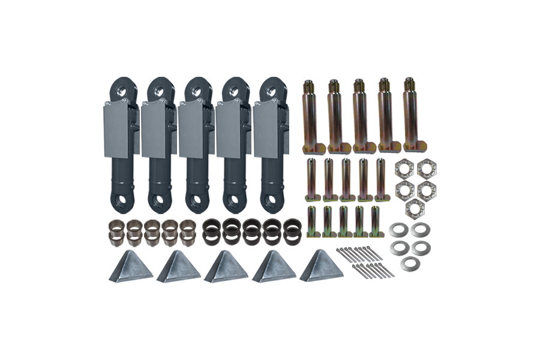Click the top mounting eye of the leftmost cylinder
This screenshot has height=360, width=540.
(120, 89)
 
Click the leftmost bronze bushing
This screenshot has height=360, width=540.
(116, 230)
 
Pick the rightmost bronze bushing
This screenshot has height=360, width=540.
(188, 230)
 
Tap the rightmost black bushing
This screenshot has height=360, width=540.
(292, 230)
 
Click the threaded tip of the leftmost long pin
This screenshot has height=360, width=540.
(308, 86)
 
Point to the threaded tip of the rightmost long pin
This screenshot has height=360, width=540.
(409, 83)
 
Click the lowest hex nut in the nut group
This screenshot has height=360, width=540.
(413, 208)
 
